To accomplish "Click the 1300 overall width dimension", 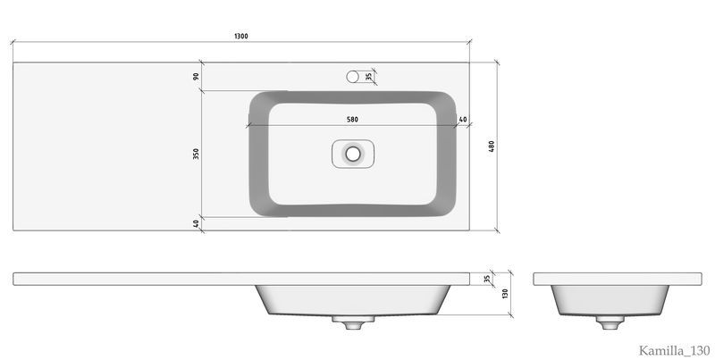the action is click(241, 37).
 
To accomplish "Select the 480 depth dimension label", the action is click(491, 147).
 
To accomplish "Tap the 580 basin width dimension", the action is click(352, 120).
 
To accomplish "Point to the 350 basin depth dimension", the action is click(196, 154).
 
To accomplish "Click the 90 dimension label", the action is click(196, 76).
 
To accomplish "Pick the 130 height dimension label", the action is click(505, 294).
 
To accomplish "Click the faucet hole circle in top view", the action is click(352, 77).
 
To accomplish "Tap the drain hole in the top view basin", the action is click(352, 154).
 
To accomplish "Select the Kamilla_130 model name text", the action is click(674, 350).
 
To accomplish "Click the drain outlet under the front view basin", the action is click(352, 322).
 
